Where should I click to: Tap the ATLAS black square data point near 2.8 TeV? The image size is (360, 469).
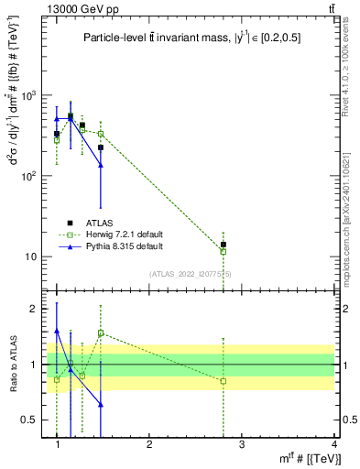(223, 245)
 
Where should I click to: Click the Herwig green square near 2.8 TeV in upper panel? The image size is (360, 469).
(223, 251)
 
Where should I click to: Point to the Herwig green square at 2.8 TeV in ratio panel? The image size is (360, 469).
(223, 381)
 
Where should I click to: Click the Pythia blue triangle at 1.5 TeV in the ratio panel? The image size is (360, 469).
(101, 404)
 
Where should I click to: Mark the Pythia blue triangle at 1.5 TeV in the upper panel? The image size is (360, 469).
(101, 165)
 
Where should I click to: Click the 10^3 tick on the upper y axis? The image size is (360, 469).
(29, 95)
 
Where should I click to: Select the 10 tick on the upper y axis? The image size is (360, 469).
(32, 256)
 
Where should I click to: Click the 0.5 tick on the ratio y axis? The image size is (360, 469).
(32, 420)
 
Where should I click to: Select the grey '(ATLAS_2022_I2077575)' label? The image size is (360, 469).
(191, 274)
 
